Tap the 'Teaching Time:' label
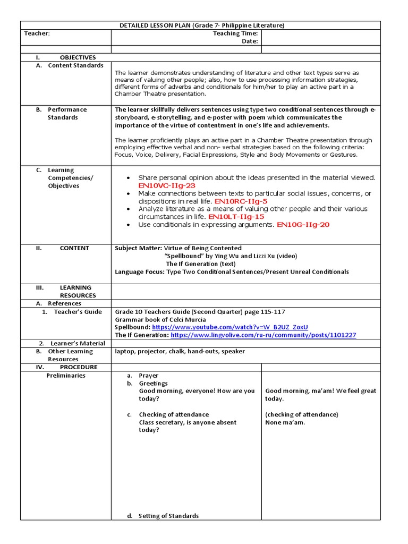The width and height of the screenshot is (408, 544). coord(235,33)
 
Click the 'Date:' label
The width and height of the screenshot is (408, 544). coord(250,41)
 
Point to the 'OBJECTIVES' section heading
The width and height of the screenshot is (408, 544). coord(78,57)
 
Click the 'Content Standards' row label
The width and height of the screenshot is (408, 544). coord(75,65)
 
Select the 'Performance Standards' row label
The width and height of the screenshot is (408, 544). coord(66,113)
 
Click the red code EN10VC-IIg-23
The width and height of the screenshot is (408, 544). coord(167,185)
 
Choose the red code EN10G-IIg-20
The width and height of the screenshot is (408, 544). coord(303,225)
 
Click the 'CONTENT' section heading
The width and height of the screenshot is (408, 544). coord(74,248)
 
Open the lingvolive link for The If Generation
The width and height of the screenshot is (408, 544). coord(263,335)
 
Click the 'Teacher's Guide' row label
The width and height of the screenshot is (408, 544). coord(78,312)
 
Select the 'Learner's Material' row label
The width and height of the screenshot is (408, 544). coord(78,343)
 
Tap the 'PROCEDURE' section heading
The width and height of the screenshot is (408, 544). coord(79,367)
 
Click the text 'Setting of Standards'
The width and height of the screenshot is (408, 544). coord(168,516)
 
